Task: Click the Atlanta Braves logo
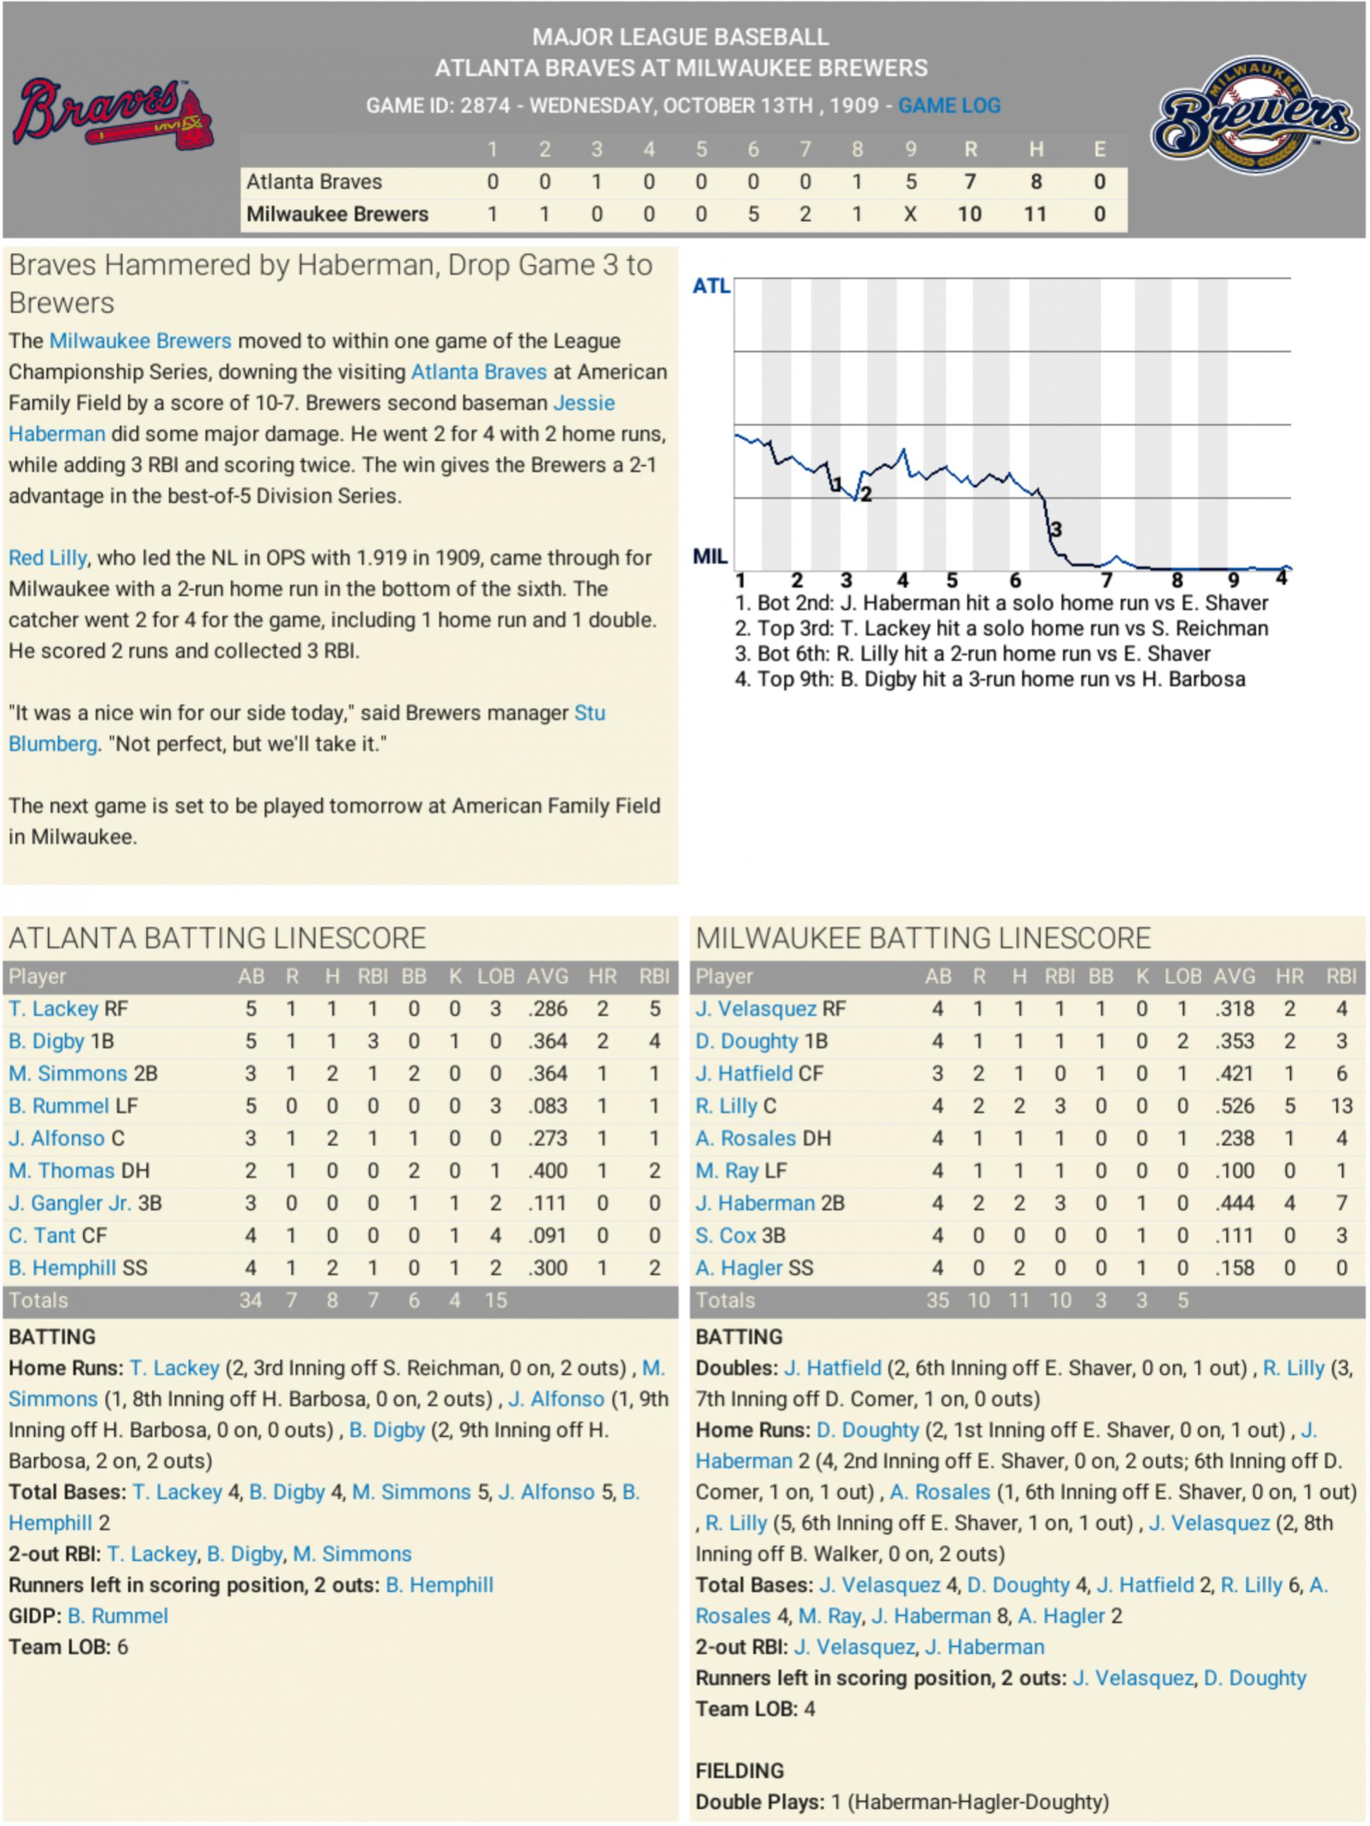tap(113, 115)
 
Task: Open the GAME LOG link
tap(948, 106)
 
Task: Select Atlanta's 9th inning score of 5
tap(909, 182)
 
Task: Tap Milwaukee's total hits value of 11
tap(1035, 215)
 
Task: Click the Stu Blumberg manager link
tap(306, 728)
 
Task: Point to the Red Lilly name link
tap(48, 558)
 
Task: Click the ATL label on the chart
tap(711, 286)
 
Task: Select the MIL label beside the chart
tap(710, 556)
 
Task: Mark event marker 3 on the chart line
tap(1056, 529)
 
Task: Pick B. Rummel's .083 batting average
tap(547, 1106)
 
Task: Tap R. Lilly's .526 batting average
tap(1234, 1106)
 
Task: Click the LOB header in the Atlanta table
tap(495, 977)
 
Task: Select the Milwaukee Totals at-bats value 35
tap(937, 1301)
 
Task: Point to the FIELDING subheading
tap(739, 1771)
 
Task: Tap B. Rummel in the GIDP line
tap(118, 1616)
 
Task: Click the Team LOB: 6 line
tap(68, 1648)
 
